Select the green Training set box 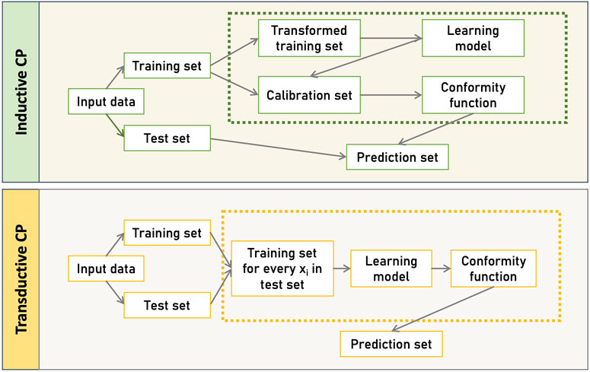pos(167,66)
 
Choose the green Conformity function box pos(473,97)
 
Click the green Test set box pos(167,138)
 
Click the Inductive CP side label pos(22,91)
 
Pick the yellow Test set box pos(167,306)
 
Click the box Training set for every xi pos(282,269)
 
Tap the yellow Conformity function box pos(493,269)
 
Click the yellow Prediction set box pos(391,345)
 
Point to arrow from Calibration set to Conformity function pos(390,97)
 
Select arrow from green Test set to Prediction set pos(278,148)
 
